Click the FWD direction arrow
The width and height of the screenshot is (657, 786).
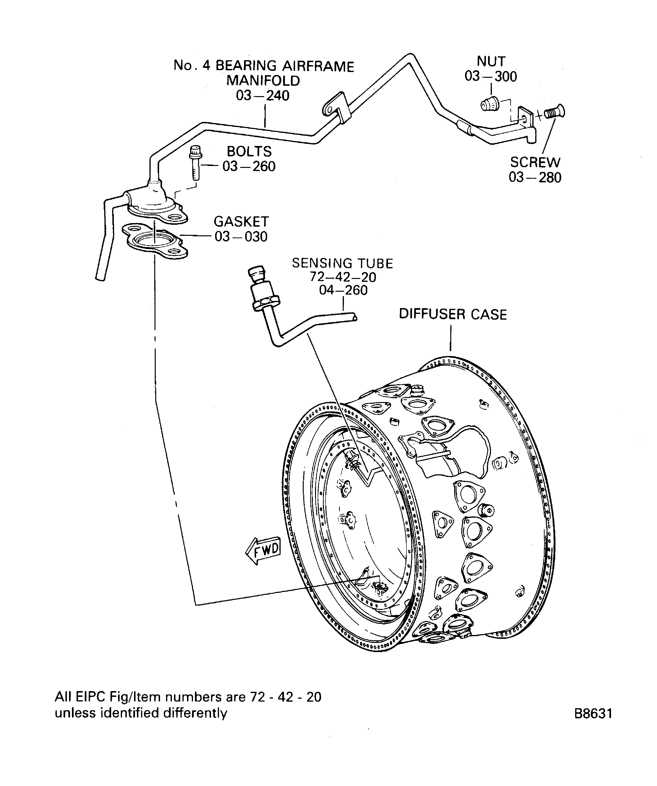(263, 551)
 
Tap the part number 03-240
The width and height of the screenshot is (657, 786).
(263, 96)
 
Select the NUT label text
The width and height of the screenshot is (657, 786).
(491, 61)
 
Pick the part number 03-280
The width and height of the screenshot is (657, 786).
(535, 178)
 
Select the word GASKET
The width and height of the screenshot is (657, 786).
(241, 222)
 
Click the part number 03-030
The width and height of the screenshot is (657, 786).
(241, 237)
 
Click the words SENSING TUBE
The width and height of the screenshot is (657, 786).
(342, 264)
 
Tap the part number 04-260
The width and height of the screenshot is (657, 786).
(343, 291)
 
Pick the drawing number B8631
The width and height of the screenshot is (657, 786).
(593, 713)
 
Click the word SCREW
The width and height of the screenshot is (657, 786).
(535, 162)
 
